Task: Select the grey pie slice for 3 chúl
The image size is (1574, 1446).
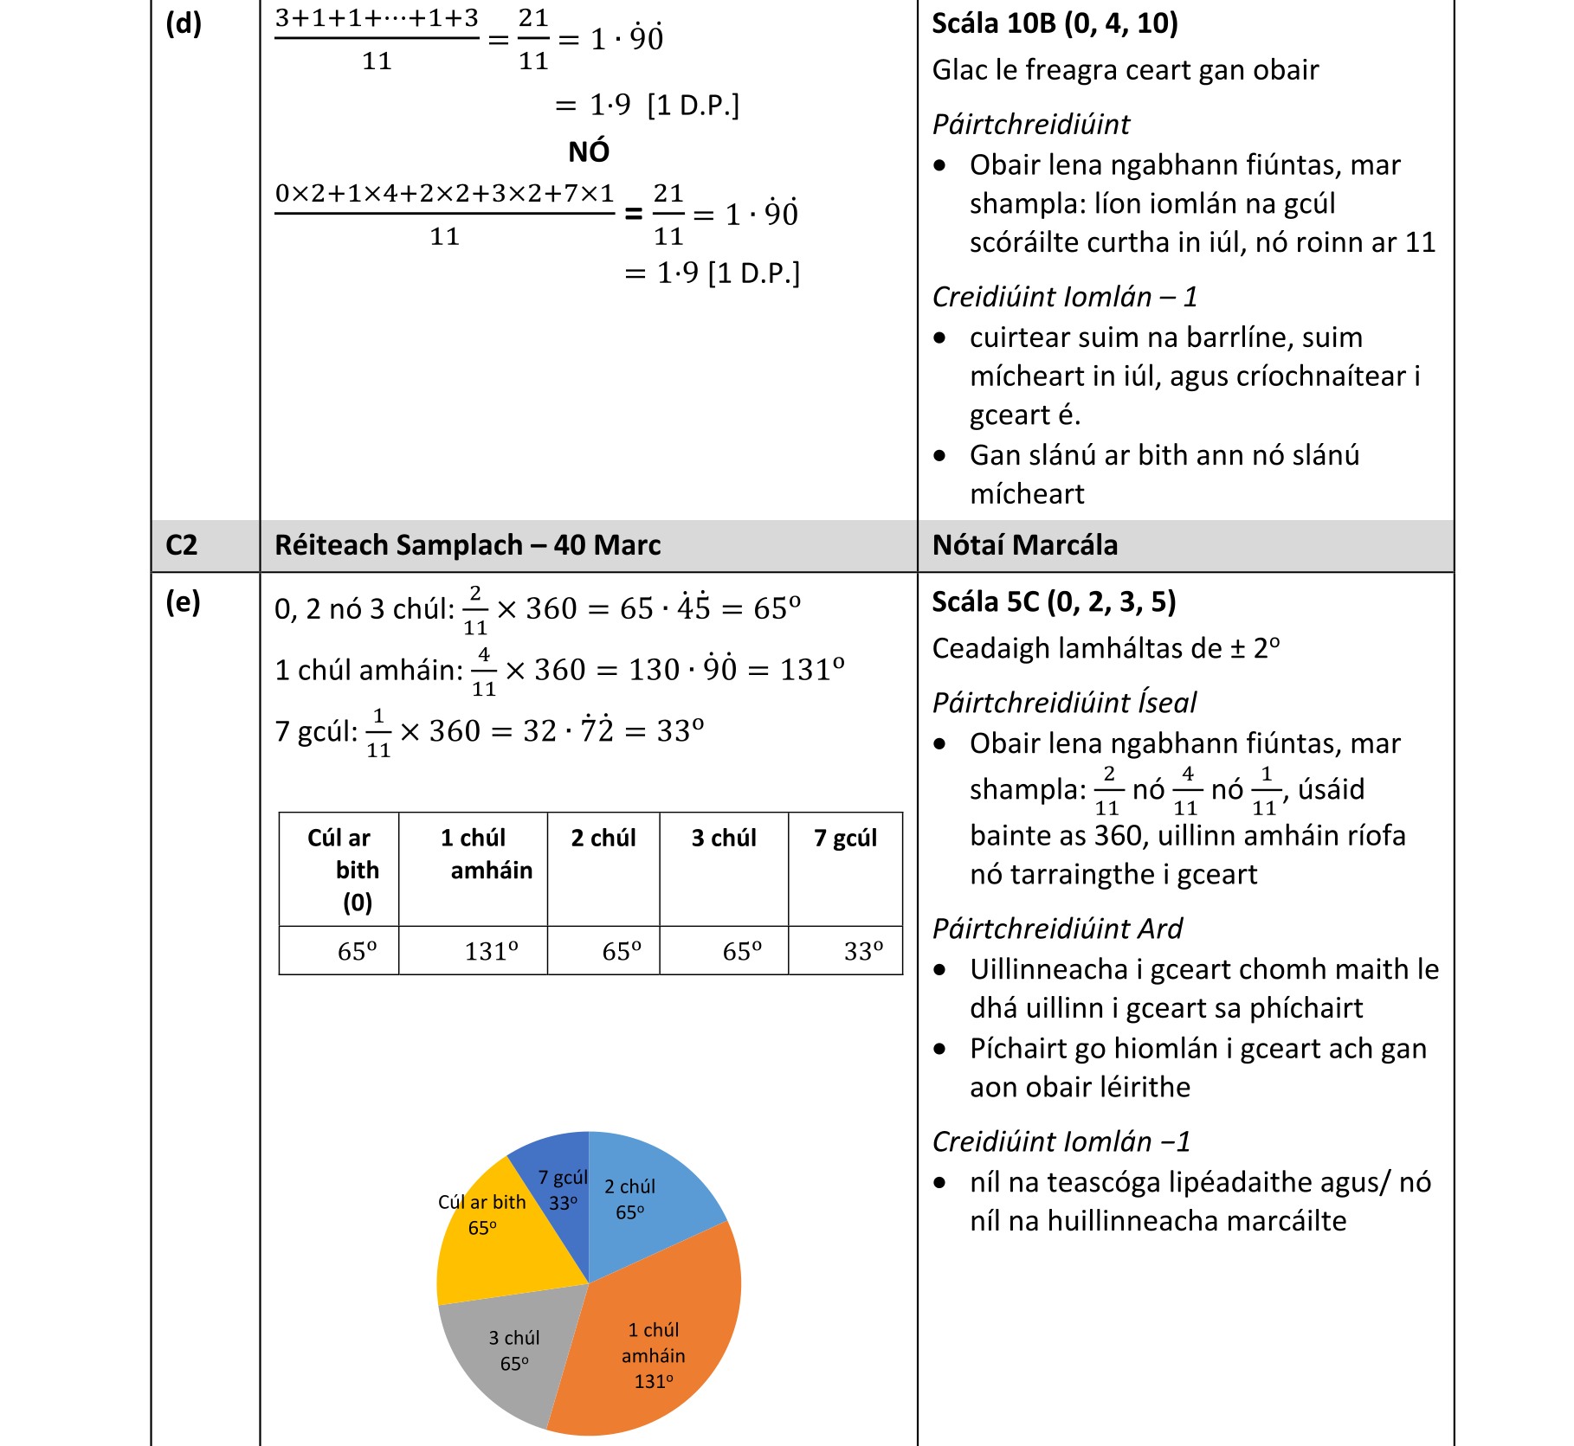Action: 511,1350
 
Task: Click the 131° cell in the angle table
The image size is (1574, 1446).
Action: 491,951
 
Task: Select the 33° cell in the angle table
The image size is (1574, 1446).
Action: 863,951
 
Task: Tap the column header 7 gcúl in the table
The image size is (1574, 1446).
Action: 845,838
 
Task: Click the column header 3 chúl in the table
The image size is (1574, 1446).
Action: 724,838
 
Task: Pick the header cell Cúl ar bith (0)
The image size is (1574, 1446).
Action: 339,869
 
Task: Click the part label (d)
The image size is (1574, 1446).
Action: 184,23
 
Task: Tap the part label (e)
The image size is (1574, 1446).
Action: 183,601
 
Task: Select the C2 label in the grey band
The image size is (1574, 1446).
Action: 182,545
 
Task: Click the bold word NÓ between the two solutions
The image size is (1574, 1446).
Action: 589,152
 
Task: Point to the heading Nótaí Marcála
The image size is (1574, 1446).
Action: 1025,545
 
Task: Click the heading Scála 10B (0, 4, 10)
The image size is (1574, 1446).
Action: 1055,23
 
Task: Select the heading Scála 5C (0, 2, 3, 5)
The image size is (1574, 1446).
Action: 1054,601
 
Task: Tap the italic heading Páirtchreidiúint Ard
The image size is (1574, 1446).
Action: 1057,929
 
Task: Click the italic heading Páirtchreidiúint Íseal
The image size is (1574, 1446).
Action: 1064,703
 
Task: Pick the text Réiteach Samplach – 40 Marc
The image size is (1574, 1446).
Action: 468,545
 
